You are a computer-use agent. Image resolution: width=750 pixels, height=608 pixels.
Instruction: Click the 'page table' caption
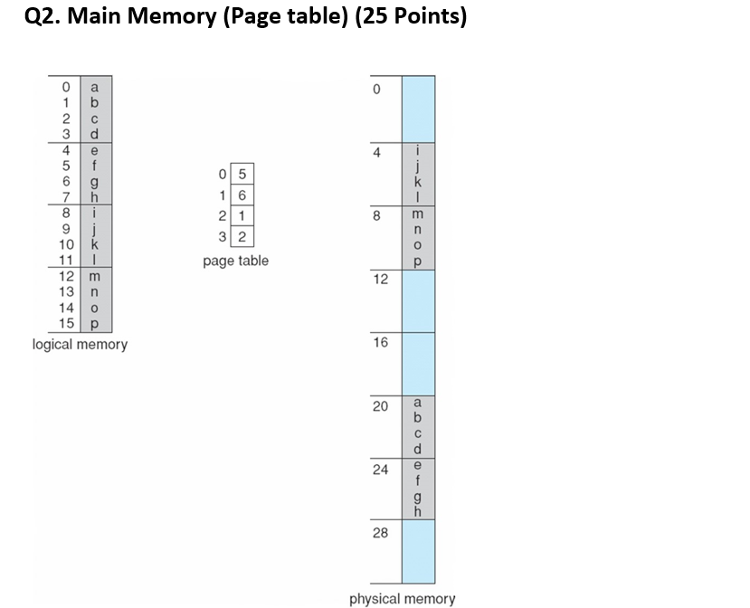[235, 261]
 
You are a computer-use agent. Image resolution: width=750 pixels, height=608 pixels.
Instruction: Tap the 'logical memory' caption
[80, 345]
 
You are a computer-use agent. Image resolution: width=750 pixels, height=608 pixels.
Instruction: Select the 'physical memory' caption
[403, 598]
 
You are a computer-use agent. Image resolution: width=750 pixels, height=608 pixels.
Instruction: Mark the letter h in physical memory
[417, 512]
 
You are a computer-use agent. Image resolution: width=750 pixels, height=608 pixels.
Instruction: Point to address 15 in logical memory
[65, 324]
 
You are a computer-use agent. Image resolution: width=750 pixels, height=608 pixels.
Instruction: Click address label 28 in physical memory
[380, 532]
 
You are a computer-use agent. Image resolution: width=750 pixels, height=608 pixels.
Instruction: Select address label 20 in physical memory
[380, 405]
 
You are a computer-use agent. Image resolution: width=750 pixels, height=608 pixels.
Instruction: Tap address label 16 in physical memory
[380, 342]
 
